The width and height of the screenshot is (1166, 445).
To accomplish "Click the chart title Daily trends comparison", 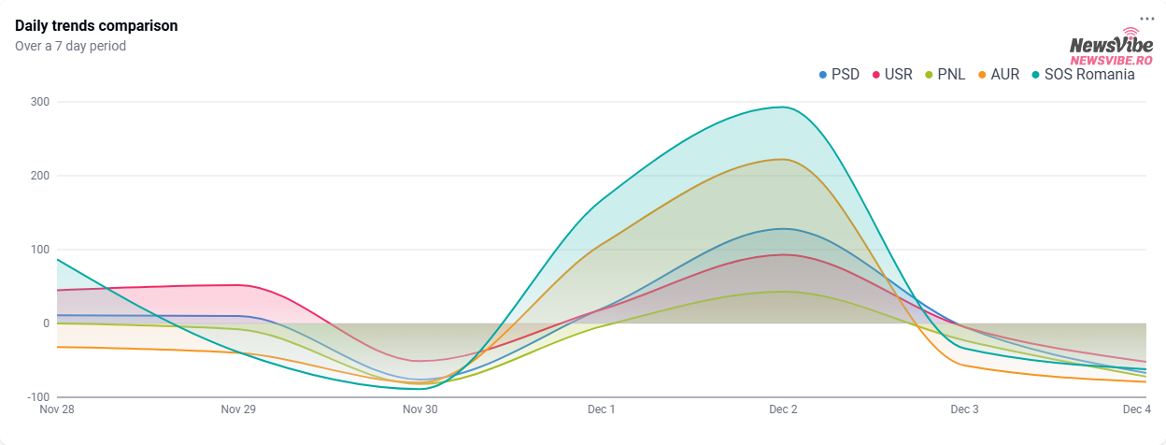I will [x=96, y=26].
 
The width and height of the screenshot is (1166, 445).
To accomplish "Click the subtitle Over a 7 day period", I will [x=70, y=46].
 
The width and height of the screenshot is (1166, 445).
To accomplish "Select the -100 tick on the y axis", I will [x=36, y=397].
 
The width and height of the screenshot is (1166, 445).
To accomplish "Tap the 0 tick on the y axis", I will [x=45, y=323].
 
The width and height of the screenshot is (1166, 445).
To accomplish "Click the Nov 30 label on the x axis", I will [x=419, y=409].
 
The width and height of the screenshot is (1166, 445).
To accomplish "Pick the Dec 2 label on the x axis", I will [x=783, y=409].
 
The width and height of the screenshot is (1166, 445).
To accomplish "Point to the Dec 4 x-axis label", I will [x=1136, y=409].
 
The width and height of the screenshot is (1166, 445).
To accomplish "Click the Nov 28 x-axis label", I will [x=57, y=409].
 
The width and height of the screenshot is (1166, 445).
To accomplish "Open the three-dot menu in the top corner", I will [x=1146, y=19].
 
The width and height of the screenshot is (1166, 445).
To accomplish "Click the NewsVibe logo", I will [x=1112, y=49].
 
